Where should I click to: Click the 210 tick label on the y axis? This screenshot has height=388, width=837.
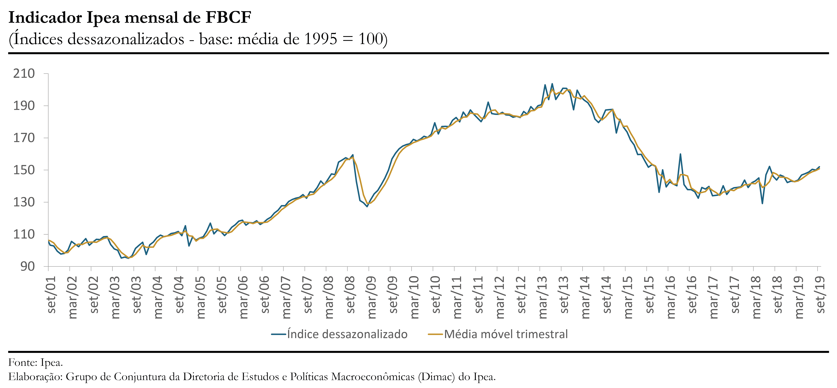point(24,74)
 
